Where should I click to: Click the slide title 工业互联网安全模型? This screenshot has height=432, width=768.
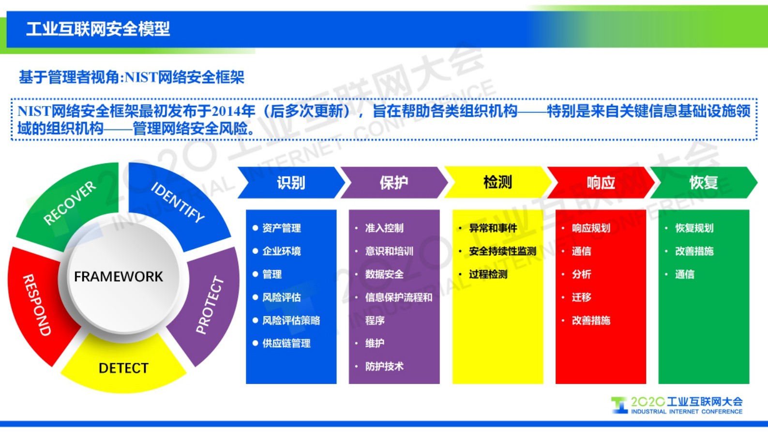(98, 29)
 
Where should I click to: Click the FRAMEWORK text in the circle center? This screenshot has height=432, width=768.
(119, 277)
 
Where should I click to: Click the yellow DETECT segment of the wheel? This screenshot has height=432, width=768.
(123, 368)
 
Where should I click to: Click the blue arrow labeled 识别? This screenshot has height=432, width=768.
(291, 183)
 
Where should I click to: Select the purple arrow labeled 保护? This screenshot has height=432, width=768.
(393, 183)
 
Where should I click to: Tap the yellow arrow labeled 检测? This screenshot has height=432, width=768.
(497, 183)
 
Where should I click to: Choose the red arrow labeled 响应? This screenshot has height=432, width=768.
(601, 183)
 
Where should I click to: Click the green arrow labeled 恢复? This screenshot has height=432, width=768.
(703, 183)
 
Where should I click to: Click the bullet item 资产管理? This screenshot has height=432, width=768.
(281, 228)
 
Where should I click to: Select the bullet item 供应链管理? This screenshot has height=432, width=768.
(286, 343)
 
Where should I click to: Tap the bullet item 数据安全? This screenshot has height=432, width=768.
(384, 274)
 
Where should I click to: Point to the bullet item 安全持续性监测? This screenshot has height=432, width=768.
(502, 251)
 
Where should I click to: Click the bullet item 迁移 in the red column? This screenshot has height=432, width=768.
(581, 297)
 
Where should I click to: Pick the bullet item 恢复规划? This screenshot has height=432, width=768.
(694, 228)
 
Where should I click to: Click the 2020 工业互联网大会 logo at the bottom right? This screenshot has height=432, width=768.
(678, 405)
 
